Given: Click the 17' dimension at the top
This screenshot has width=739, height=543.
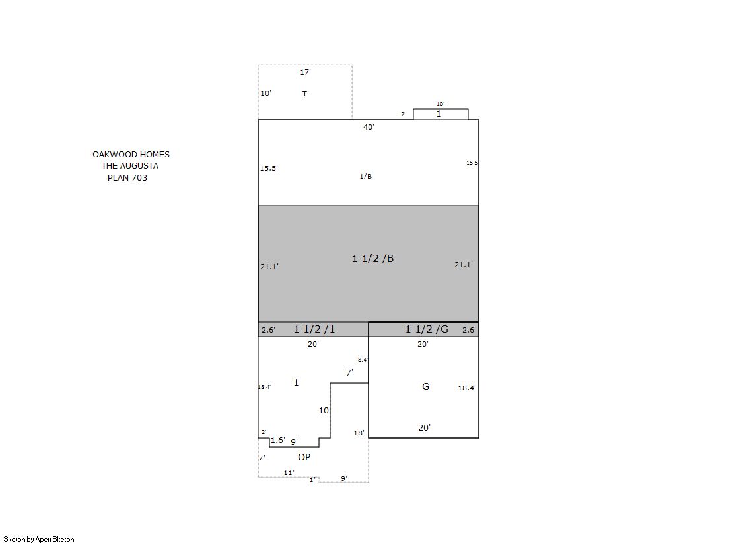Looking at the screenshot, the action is (x=305, y=72).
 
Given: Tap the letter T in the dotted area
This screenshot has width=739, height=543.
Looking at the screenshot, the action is (x=304, y=93).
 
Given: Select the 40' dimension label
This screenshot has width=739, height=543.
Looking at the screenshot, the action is (x=369, y=127).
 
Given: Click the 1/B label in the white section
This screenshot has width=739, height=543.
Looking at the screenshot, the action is (x=366, y=176).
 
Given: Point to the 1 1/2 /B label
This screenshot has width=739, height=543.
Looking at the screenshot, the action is (x=372, y=259).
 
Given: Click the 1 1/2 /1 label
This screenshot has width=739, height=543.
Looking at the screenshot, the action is (x=314, y=329).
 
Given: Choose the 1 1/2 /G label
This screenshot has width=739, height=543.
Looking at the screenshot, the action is (x=427, y=329).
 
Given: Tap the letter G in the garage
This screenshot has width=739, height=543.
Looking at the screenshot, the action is (x=425, y=386).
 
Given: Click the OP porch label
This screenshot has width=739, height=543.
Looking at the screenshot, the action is (x=304, y=457).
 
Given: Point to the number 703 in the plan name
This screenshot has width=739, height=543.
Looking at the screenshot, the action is (x=139, y=177).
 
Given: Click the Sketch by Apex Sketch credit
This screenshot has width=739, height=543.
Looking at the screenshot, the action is (x=39, y=539).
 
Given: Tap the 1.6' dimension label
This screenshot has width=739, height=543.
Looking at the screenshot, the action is (x=277, y=440).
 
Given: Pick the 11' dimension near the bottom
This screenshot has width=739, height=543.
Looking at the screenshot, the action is (x=289, y=472).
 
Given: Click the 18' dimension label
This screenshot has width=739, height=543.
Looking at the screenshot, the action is (x=359, y=433).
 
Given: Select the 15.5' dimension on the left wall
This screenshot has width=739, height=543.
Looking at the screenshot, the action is (x=269, y=168).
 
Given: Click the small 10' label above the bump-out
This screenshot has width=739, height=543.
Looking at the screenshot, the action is (x=440, y=104).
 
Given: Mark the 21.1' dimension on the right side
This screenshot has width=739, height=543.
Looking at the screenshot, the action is (x=464, y=265).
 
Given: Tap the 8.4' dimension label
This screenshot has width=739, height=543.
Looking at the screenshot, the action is (x=363, y=360).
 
